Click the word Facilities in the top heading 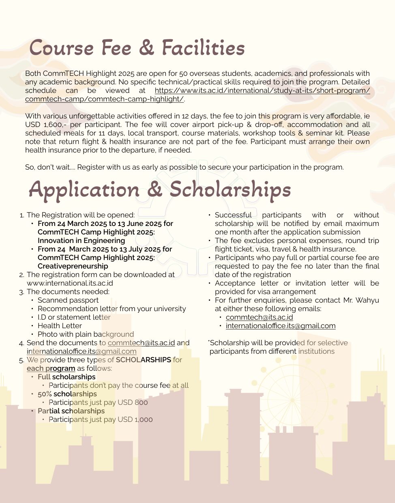tap(203, 48)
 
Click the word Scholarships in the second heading tap(230, 189)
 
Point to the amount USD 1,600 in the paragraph tap(45, 125)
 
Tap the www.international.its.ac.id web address tap(70, 283)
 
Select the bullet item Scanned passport tap(68, 300)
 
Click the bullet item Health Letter tap(60, 326)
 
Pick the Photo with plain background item tap(86, 334)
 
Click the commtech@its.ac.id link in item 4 tap(141, 343)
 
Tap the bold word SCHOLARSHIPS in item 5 tap(143, 360)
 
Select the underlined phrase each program tap(51, 368)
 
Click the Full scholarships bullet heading tap(67, 377)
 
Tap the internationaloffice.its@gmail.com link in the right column tap(281, 326)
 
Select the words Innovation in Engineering tap(81, 241)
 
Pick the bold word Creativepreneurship tap(73, 266)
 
